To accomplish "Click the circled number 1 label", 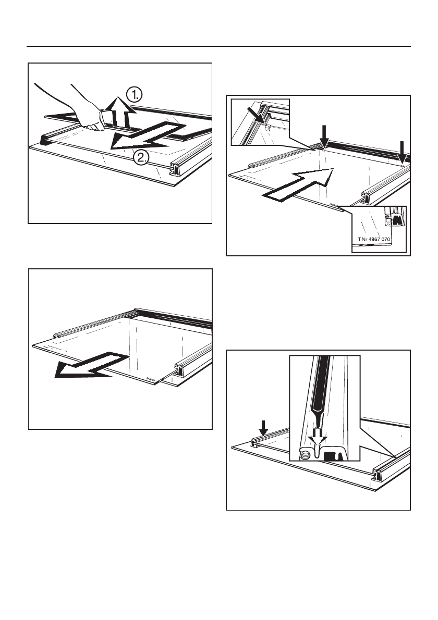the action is tap(134, 94).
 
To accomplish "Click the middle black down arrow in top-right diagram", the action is tap(324, 135).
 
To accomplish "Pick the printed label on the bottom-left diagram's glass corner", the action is tap(152, 379).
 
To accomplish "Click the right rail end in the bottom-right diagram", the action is tap(378, 475).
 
